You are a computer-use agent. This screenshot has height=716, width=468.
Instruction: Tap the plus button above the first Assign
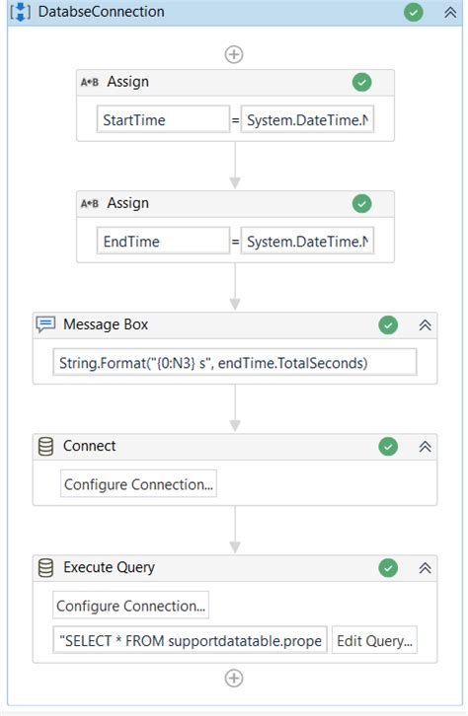tap(234, 54)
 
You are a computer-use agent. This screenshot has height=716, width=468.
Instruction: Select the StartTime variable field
tap(163, 120)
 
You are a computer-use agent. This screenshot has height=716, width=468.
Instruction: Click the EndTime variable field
tap(163, 242)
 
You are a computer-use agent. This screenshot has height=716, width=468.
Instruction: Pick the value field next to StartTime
tap(307, 120)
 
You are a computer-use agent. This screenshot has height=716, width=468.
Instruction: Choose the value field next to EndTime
tap(307, 242)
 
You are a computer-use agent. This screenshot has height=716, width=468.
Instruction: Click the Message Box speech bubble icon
tap(45, 324)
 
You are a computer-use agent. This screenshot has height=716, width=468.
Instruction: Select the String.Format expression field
tap(235, 363)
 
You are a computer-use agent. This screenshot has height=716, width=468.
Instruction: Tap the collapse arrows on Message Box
tap(426, 325)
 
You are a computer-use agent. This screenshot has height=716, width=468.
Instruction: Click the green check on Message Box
tap(388, 325)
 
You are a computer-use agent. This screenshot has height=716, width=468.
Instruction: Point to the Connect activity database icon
tap(45, 447)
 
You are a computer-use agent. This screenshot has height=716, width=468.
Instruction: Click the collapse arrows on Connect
tap(426, 447)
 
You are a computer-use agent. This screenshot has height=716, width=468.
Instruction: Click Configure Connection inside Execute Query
tap(131, 606)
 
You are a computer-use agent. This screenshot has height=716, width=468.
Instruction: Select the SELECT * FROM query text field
tap(190, 641)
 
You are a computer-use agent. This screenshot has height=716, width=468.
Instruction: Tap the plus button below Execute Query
tap(234, 678)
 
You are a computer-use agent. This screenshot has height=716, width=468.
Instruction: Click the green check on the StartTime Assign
tap(362, 83)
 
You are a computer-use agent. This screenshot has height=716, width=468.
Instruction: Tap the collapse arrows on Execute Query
tap(426, 568)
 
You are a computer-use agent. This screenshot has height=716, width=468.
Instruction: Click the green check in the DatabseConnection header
tap(414, 12)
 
